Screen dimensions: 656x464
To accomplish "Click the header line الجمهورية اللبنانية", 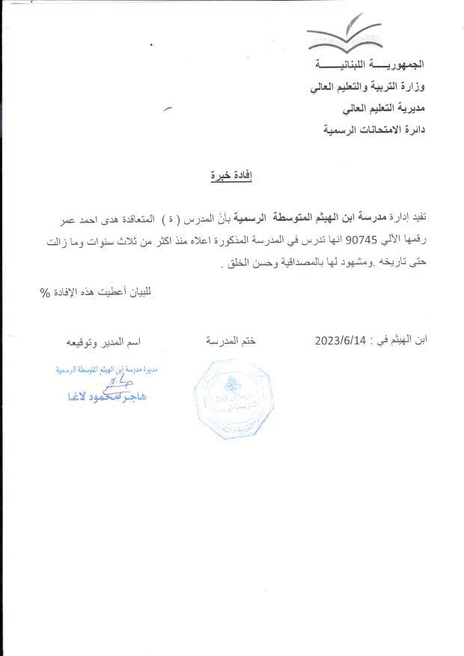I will click(369, 67).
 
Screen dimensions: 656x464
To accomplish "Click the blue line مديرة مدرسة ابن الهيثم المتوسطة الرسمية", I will click(109, 369).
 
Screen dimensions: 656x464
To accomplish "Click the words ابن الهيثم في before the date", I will click(401, 339).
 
